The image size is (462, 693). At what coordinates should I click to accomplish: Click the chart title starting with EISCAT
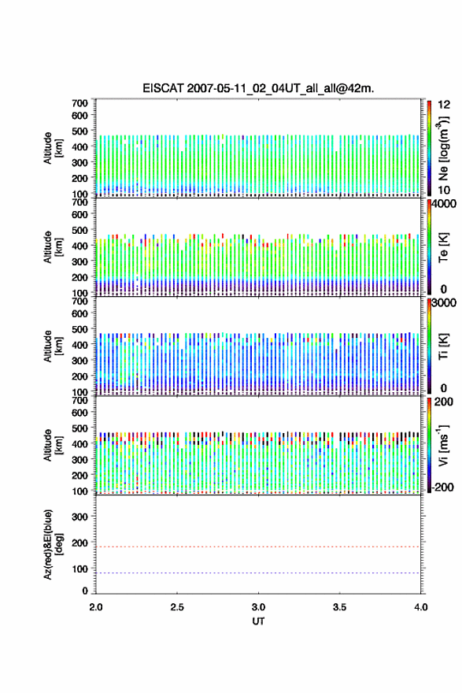258,88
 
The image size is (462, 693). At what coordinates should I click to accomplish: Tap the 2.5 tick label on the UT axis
177,607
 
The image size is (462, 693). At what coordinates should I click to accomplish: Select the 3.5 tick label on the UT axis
340,607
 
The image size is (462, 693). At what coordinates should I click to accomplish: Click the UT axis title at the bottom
258,621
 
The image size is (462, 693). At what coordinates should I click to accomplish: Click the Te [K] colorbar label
443,247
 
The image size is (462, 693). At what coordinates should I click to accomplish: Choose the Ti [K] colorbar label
443,346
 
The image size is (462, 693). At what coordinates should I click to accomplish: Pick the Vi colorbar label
443,445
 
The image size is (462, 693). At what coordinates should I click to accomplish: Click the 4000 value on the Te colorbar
444,204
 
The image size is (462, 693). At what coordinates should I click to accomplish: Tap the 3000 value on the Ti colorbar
444,302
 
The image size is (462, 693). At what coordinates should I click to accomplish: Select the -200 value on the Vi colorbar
442,487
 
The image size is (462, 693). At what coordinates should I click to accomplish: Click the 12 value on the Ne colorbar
444,105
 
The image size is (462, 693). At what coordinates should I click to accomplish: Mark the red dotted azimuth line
258,547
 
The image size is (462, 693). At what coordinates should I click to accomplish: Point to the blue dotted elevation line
258,573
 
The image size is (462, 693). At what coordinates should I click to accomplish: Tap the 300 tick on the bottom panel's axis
79,517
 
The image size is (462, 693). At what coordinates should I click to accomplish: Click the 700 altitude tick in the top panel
79,103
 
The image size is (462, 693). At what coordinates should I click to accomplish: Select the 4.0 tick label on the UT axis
421,607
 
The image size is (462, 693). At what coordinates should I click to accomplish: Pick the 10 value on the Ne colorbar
444,190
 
